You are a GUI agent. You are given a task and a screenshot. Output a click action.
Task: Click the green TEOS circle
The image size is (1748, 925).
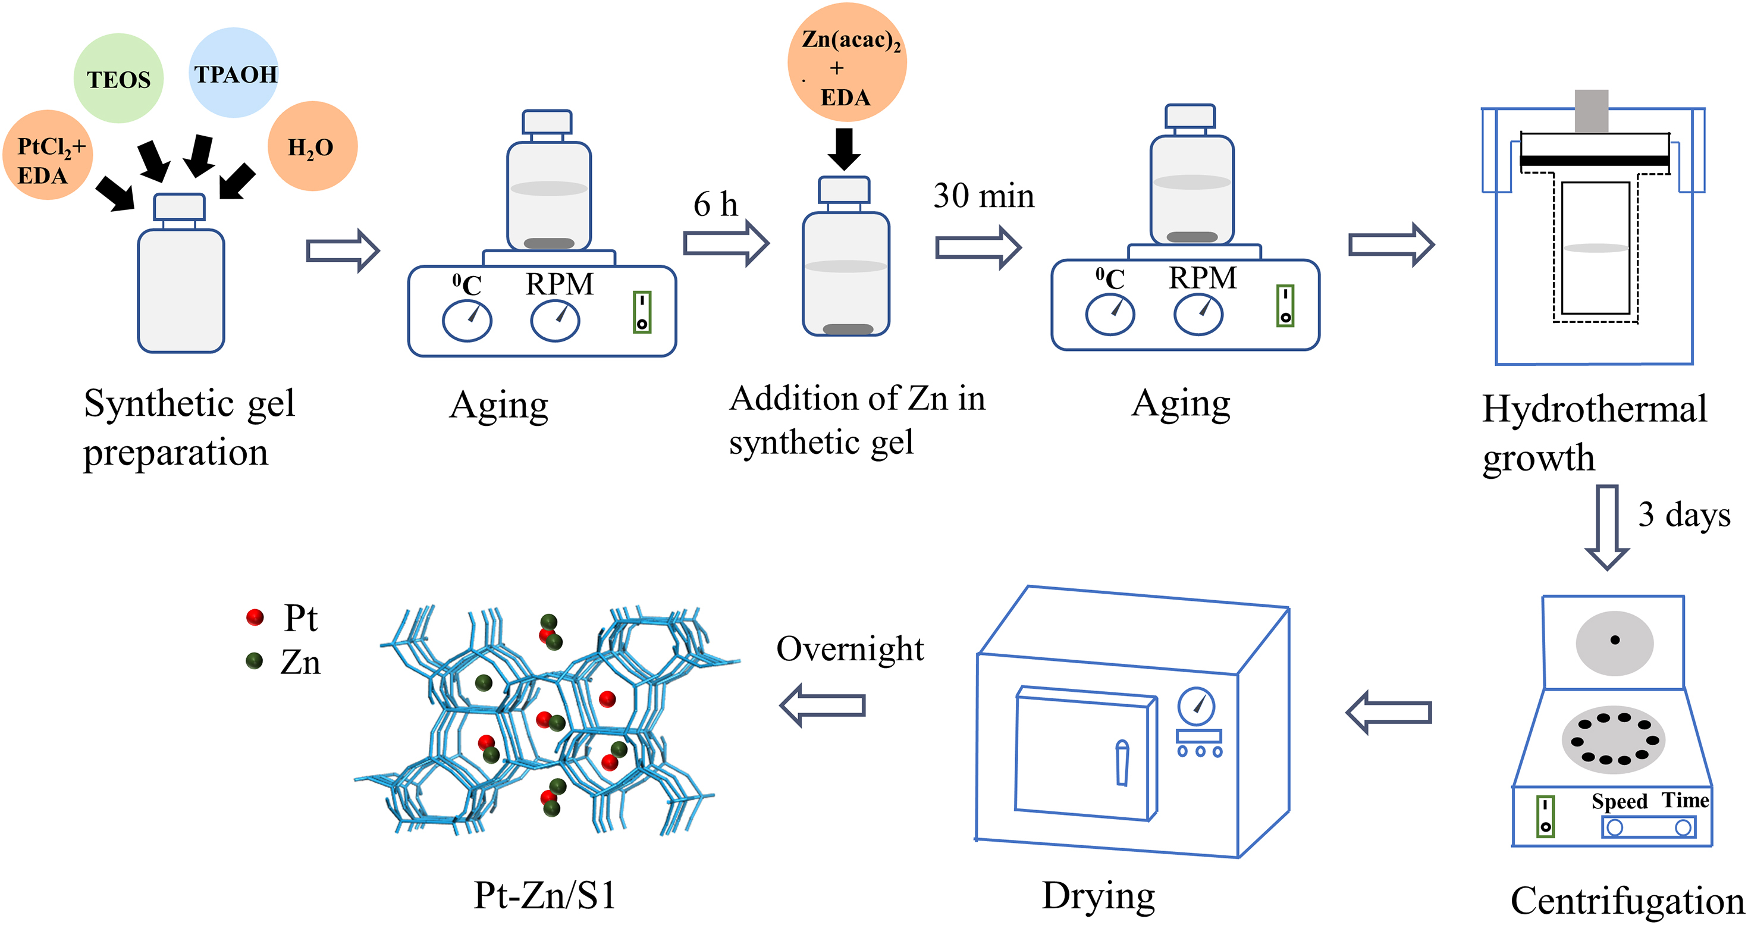pyautogui.click(x=118, y=78)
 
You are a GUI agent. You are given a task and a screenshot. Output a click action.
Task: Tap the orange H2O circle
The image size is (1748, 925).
pyautogui.click(x=312, y=146)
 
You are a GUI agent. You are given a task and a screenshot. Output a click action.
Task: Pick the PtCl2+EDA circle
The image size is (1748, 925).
pyautogui.click(x=48, y=155)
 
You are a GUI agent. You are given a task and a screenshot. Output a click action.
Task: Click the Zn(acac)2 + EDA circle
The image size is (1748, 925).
pyautogui.click(x=846, y=62)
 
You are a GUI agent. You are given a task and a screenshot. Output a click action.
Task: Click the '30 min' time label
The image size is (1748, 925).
pyautogui.click(x=983, y=196)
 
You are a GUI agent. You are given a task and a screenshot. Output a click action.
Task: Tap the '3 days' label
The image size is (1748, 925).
pyautogui.click(x=1684, y=515)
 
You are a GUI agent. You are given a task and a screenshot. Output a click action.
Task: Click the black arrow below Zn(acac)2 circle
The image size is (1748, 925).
pyautogui.click(x=844, y=149)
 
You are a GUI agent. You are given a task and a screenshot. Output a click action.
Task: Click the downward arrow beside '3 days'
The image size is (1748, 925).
pyautogui.click(x=1606, y=526)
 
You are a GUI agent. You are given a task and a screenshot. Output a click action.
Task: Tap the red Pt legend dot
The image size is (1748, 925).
pyautogui.click(x=255, y=617)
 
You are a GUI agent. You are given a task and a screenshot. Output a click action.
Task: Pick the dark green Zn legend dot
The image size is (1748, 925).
pyautogui.click(x=255, y=661)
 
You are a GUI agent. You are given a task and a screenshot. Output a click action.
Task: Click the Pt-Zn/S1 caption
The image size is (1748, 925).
pyautogui.click(x=545, y=895)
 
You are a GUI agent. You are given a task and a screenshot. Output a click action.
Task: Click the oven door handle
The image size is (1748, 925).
pyautogui.click(x=1122, y=763)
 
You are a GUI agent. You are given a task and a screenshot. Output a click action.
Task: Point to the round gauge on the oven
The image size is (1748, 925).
pyautogui.click(x=1195, y=707)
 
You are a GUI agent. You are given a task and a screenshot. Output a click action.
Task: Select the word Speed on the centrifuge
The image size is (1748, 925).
pyautogui.click(x=1619, y=801)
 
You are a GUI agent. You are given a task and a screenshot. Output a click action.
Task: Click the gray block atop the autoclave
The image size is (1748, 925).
pyautogui.click(x=1591, y=111)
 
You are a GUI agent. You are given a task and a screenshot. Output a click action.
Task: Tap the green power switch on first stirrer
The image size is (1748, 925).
pyautogui.click(x=642, y=312)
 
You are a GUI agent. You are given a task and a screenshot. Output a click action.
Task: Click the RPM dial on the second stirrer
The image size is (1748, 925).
pyautogui.click(x=1198, y=315)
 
